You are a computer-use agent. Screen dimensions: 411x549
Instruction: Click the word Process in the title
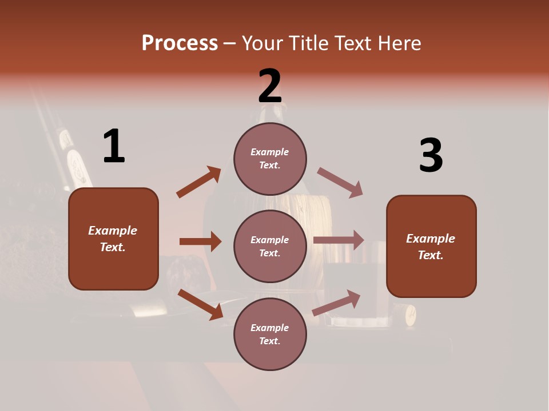point(180,43)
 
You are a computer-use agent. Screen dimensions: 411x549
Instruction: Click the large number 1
point(114,146)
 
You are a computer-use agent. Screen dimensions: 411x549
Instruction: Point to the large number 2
point(270,86)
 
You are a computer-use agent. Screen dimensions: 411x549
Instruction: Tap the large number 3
point(431,155)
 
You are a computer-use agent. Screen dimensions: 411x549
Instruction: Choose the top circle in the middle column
point(270,159)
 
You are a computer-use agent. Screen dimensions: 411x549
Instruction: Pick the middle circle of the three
point(270,246)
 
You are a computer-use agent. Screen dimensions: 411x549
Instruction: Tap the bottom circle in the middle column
point(270,335)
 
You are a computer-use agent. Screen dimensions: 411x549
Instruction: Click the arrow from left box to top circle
point(199,182)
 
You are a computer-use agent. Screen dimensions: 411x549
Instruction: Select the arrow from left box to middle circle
point(200,241)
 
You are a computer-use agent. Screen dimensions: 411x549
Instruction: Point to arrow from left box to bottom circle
point(200,304)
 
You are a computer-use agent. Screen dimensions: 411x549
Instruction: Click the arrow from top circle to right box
point(340,182)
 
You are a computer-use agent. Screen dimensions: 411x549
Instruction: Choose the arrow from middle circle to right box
point(339,240)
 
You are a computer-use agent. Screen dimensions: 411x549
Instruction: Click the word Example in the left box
point(113,231)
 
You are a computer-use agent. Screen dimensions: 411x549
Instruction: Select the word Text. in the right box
point(431,255)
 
